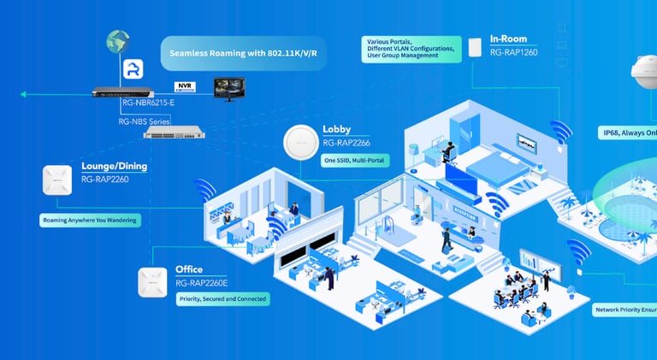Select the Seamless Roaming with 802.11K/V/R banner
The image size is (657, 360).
click(244, 53)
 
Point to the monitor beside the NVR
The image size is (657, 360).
click(228, 88)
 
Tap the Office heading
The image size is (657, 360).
click(189, 269)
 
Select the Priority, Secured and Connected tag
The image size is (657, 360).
click(222, 299)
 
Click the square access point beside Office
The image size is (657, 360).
click(152, 281)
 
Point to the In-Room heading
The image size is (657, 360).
click(514, 39)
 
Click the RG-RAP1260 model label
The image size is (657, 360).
click(514, 52)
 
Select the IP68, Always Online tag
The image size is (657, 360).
click(627, 133)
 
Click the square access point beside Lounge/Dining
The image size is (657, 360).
click(56, 180)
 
